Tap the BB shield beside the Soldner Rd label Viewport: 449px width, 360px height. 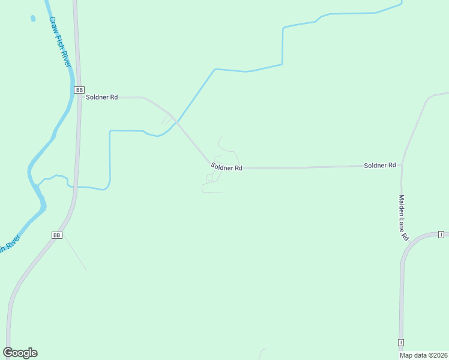pyautogui.click(x=79, y=89)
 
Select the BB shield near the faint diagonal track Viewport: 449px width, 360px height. pyautogui.click(x=57, y=235)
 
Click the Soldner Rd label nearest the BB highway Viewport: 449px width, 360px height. pyautogui.click(x=101, y=97)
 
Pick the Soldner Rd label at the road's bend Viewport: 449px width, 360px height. pyautogui.click(x=226, y=168)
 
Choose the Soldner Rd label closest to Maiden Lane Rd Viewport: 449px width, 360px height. pyautogui.click(x=379, y=165)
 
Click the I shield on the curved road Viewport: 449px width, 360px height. pyautogui.click(x=441, y=234)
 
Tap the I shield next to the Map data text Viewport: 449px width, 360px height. pyautogui.click(x=400, y=342)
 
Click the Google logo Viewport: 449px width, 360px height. pyautogui.click(x=20, y=353)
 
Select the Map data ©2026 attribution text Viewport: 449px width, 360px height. pyautogui.click(x=423, y=355)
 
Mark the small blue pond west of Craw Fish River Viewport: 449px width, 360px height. pyautogui.click(x=32, y=18)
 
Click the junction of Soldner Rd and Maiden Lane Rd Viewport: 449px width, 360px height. pyautogui.click(x=402, y=163)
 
